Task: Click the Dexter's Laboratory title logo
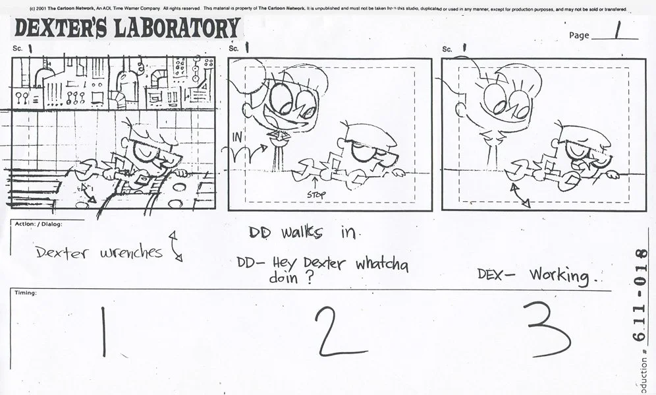point(127,29)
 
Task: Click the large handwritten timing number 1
point(103,332)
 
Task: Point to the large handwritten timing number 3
point(549,330)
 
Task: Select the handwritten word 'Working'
point(559,274)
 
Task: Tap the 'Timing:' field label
point(25,292)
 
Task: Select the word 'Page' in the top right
point(579,36)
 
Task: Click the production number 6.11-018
point(640,296)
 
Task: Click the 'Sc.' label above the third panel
point(447,49)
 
